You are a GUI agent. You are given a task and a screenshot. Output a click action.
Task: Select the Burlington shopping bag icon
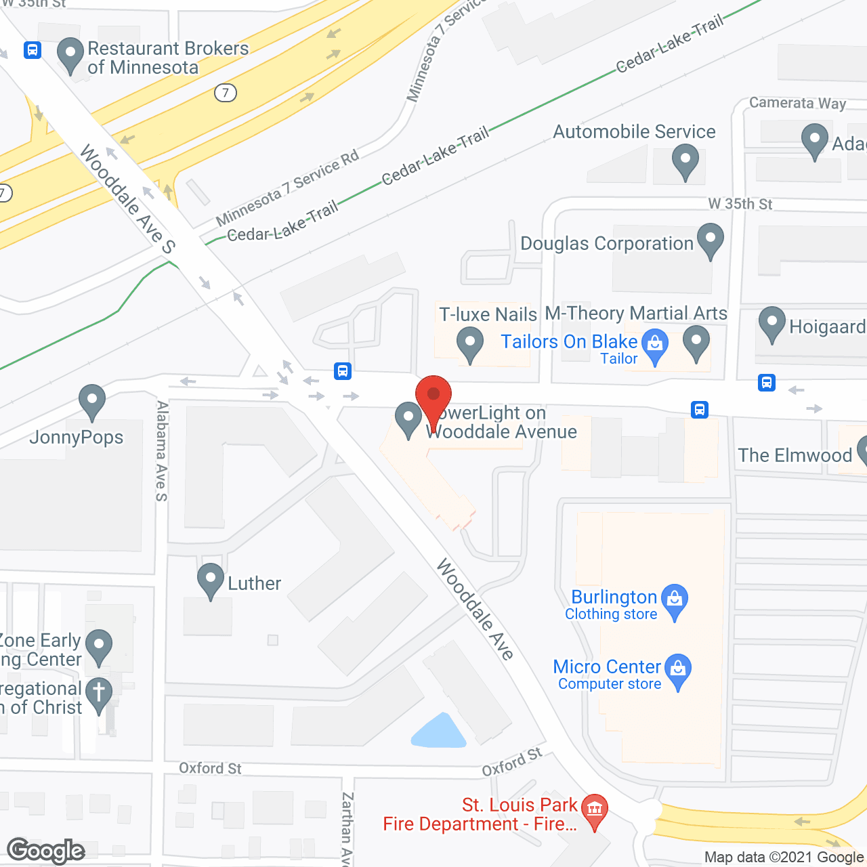click(x=675, y=599)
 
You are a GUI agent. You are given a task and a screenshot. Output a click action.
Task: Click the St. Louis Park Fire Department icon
click(x=595, y=809)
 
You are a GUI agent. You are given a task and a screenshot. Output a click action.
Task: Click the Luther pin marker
click(x=211, y=579)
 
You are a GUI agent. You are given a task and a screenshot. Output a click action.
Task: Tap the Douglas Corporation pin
click(x=711, y=239)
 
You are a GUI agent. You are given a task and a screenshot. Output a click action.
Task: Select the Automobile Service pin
click(x=685, y=162)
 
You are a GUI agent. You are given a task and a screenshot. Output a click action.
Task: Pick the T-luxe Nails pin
click(x=469, y=343)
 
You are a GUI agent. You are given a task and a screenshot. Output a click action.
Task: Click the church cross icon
click(x=99, y=694)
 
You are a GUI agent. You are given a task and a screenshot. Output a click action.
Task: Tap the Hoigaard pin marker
click(x=771, y=323)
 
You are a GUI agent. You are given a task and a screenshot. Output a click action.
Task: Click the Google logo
click(x=46, y=851)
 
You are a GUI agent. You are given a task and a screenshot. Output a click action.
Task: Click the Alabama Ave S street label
click(x=162, y=451)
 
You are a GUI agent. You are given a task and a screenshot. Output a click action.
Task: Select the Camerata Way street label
click(x=797, y=103)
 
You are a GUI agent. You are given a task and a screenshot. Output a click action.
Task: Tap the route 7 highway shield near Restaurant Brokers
click(x=226, y=92)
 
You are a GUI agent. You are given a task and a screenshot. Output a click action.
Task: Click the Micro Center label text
click(x=607, y=667)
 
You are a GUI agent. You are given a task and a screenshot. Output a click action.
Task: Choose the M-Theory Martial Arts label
click(x=636, y=313)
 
